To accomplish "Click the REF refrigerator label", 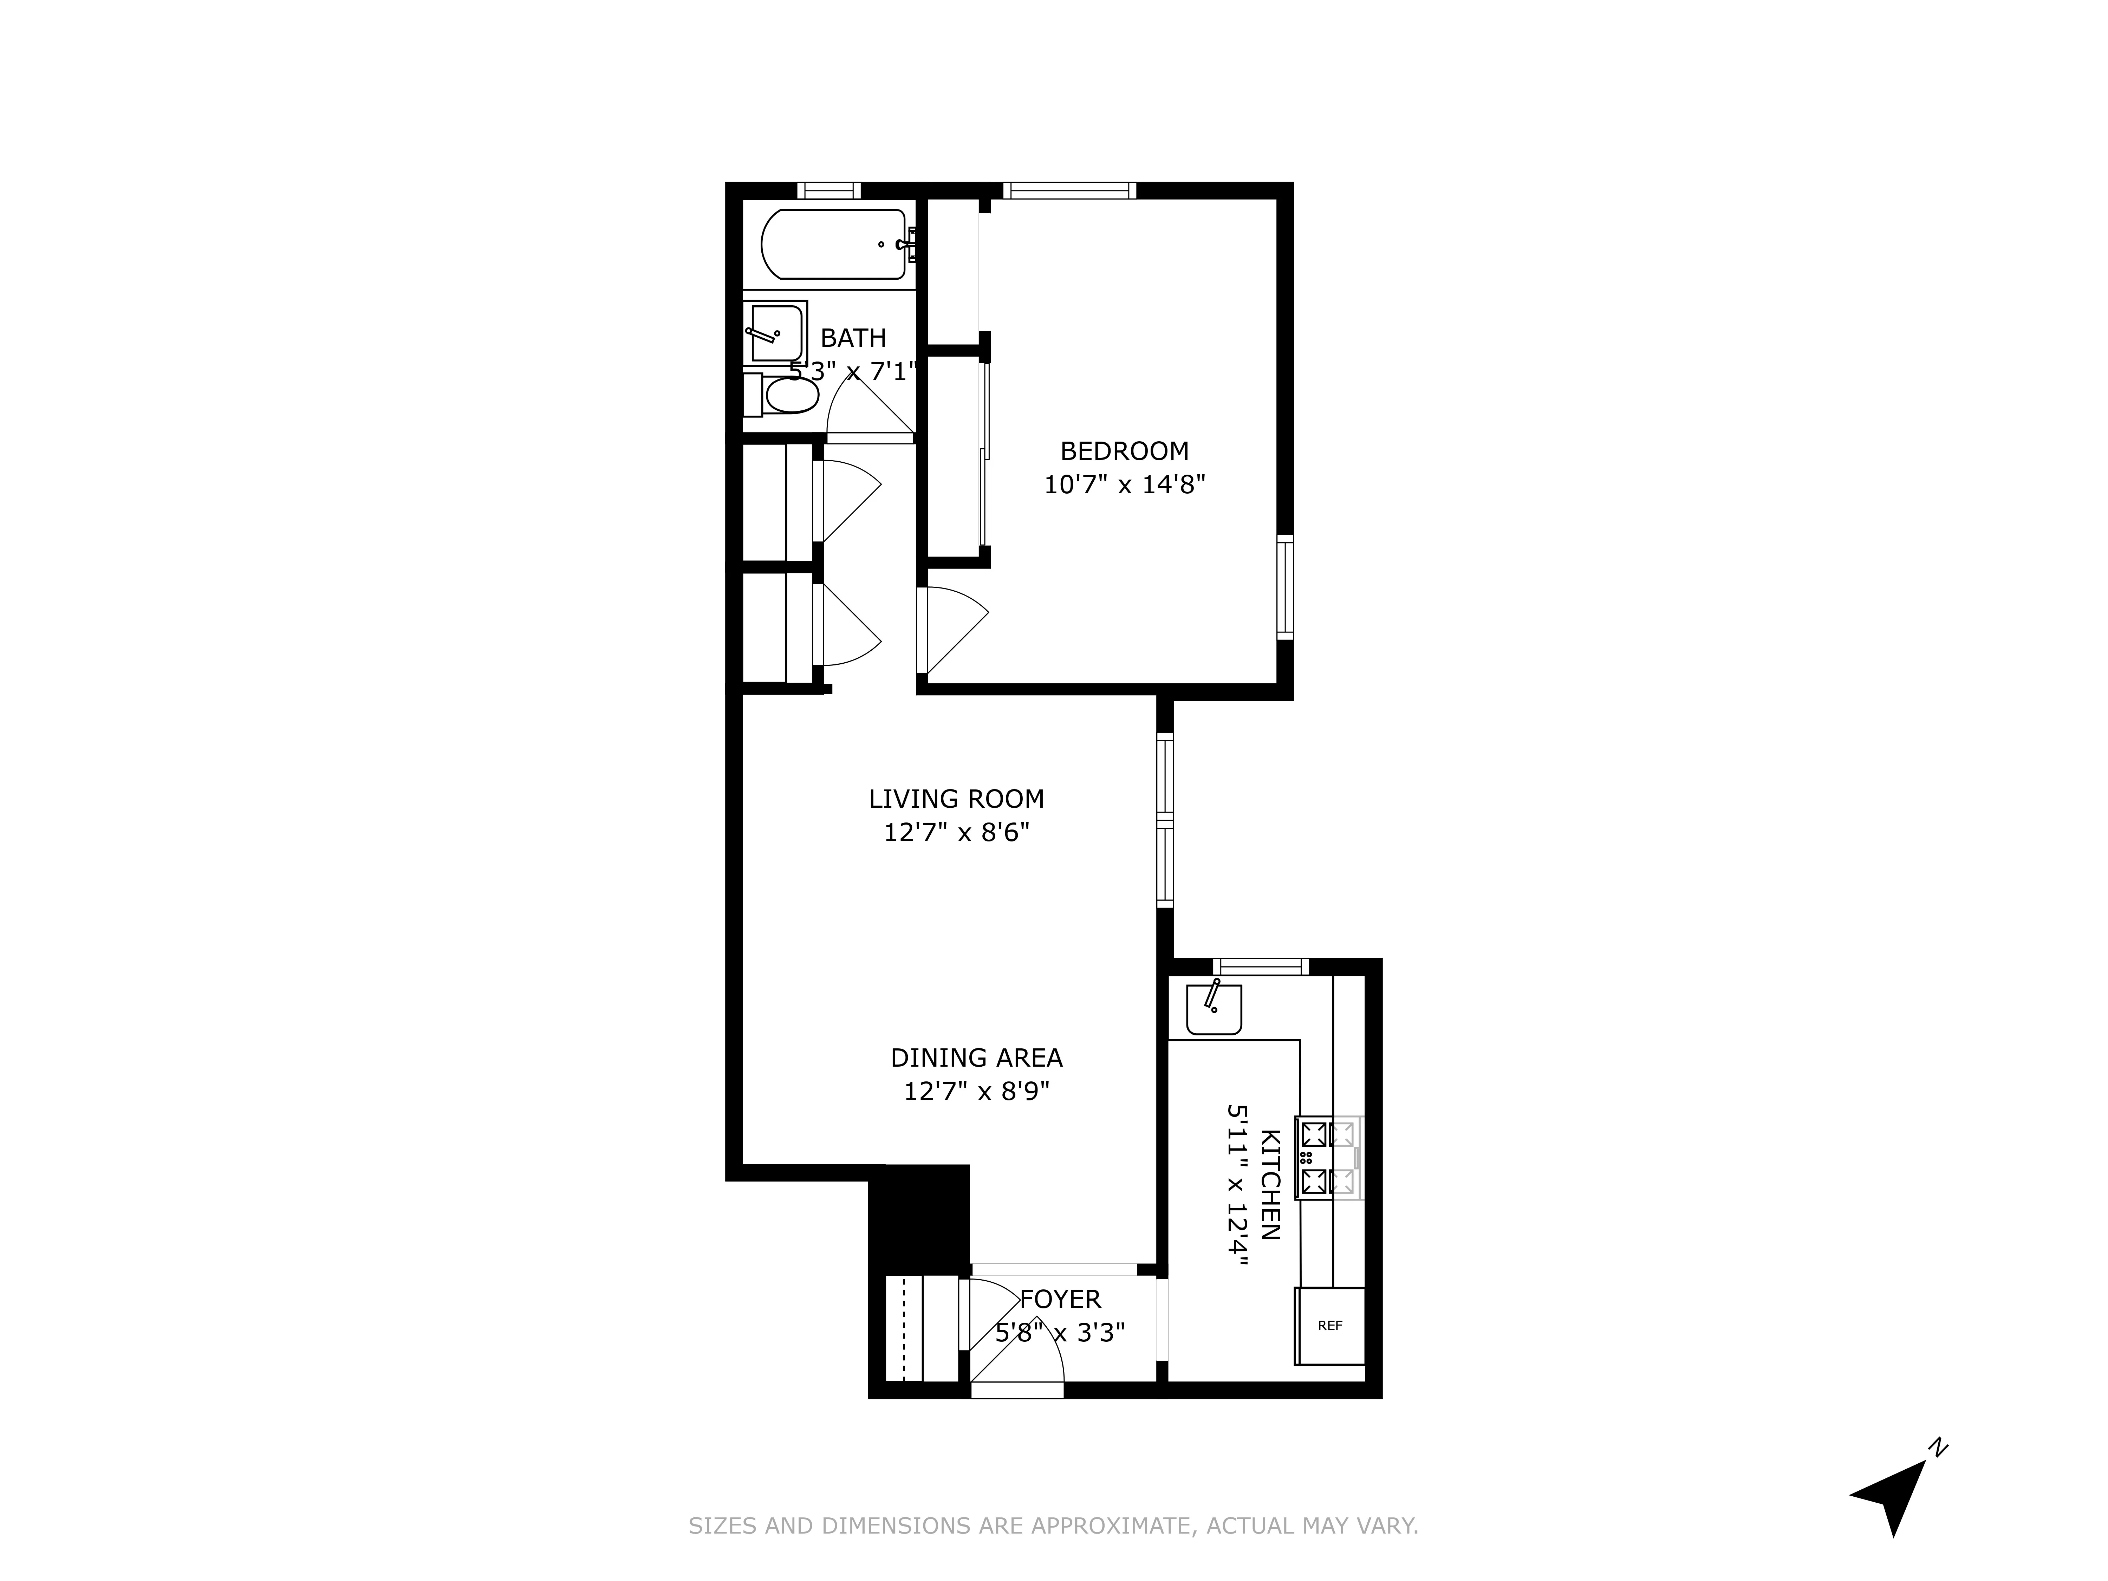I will click(1329, 1326).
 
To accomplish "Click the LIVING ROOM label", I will click(956, 799).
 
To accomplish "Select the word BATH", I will click(853, 338).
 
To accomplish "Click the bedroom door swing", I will click(953, 629).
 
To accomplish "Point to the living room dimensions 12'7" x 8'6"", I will click(956, 833).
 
